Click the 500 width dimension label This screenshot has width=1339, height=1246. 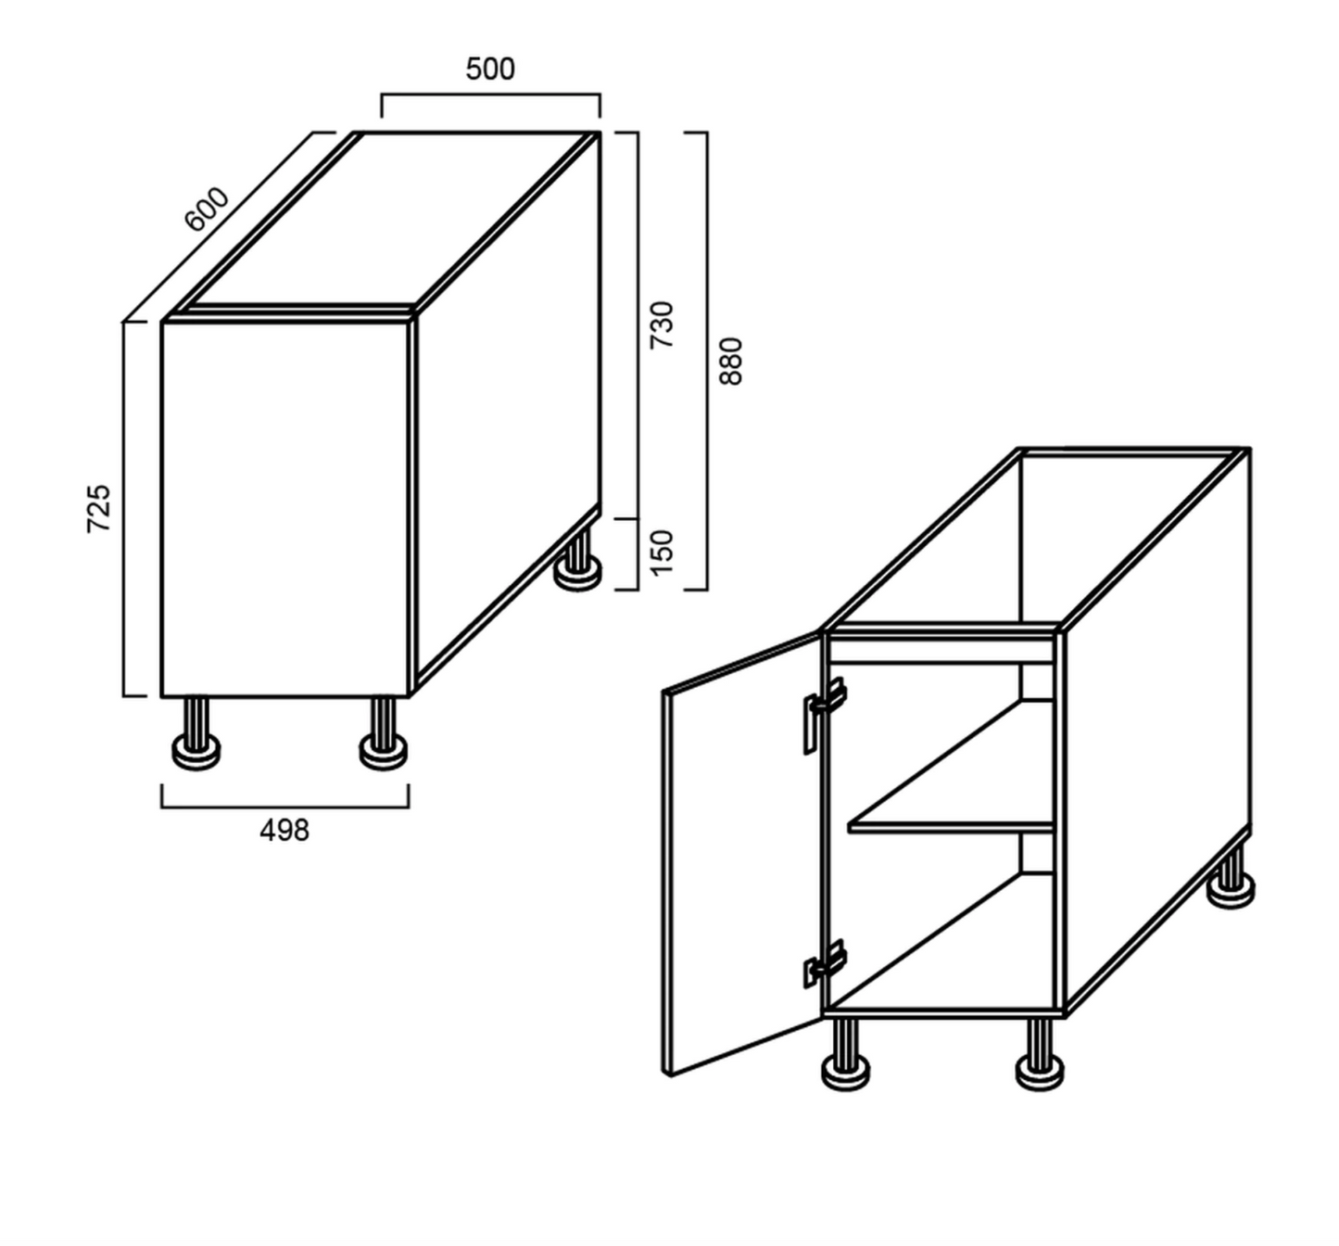[490, 69]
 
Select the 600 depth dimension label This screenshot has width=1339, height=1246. [207, 209]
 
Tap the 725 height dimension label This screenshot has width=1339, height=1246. [98, 508]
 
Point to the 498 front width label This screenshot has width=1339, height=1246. [284, 831]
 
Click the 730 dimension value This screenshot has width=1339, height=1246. [662, 324]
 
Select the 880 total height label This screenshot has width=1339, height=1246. [731, 361]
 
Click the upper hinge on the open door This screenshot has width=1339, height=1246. [825, 715]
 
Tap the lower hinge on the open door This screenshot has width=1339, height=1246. [825, 963]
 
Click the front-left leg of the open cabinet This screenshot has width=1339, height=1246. [845, 1054]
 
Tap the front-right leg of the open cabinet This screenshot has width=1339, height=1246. [1040, 1054]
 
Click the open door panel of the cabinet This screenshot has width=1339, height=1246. [741, 853]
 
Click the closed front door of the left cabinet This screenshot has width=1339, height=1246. [285, 509]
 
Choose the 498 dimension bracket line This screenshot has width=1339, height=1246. [284, 807]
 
